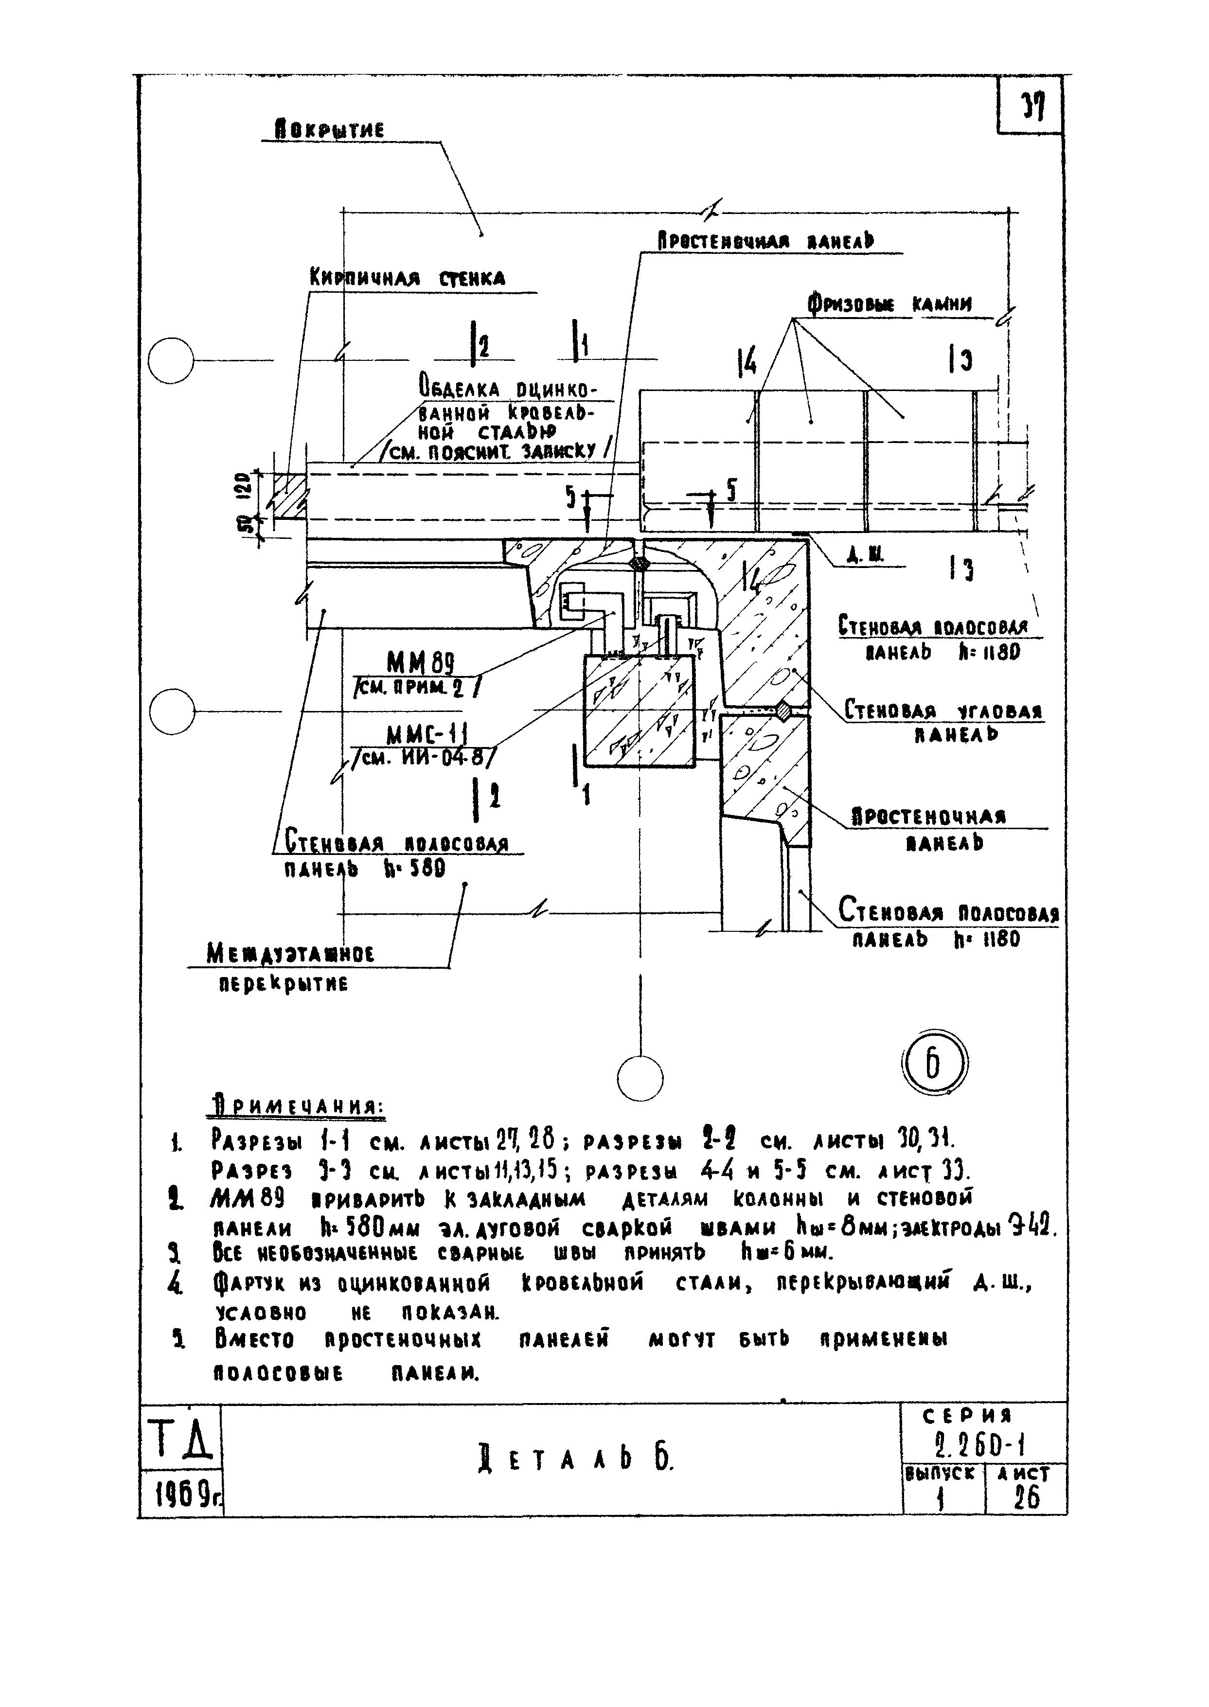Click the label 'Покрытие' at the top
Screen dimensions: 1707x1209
pos(330,130)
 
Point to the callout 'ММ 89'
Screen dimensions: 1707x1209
pos(421,662)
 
